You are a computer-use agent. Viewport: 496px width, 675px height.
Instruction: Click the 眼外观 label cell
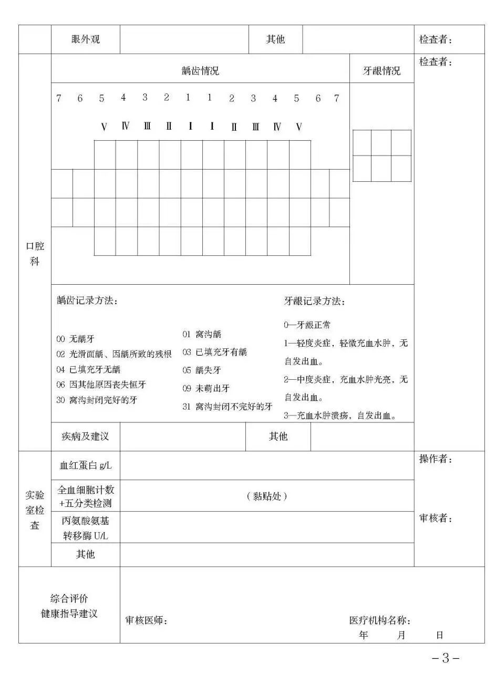pyautogui.click(x=85, y=39)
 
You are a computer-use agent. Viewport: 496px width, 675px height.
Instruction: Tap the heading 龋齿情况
pyautogui.click(x=200, y=71)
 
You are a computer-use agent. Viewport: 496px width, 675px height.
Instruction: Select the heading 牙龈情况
pyautogui.click(x=381, y=71)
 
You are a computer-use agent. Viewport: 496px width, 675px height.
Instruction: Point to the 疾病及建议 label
pyautogui.click(x=85, y=437)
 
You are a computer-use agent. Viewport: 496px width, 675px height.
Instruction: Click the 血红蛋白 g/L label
pyautogui.click(x=86, y=465)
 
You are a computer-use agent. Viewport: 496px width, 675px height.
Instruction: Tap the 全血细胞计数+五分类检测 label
pyautogui.click(x=86, y=496)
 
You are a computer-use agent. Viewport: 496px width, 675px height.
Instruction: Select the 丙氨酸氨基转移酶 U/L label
pyautogui.click(x=86, y=527)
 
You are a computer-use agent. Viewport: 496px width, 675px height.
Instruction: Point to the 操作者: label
pyautogui.click(x=436, y=459)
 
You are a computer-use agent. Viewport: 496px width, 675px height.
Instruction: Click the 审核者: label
pyautogui.click(x=436, y=518)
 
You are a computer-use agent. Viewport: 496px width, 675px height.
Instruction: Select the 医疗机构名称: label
pyautogui.click(x=379, y=620)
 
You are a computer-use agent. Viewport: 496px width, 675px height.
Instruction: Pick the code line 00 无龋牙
pyautogui.click(x=76, y=339)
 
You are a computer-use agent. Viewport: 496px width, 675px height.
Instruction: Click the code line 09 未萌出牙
pyautogui.click(x=205, y=388)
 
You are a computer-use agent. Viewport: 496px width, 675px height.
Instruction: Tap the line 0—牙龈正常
pyautogui.click(x=307, y=326)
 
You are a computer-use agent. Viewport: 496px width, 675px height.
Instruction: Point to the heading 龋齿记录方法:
pyautogui.click(x=87, y=301)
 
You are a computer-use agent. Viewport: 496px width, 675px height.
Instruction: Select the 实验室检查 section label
pyautogui.click(x=35, y=510)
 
